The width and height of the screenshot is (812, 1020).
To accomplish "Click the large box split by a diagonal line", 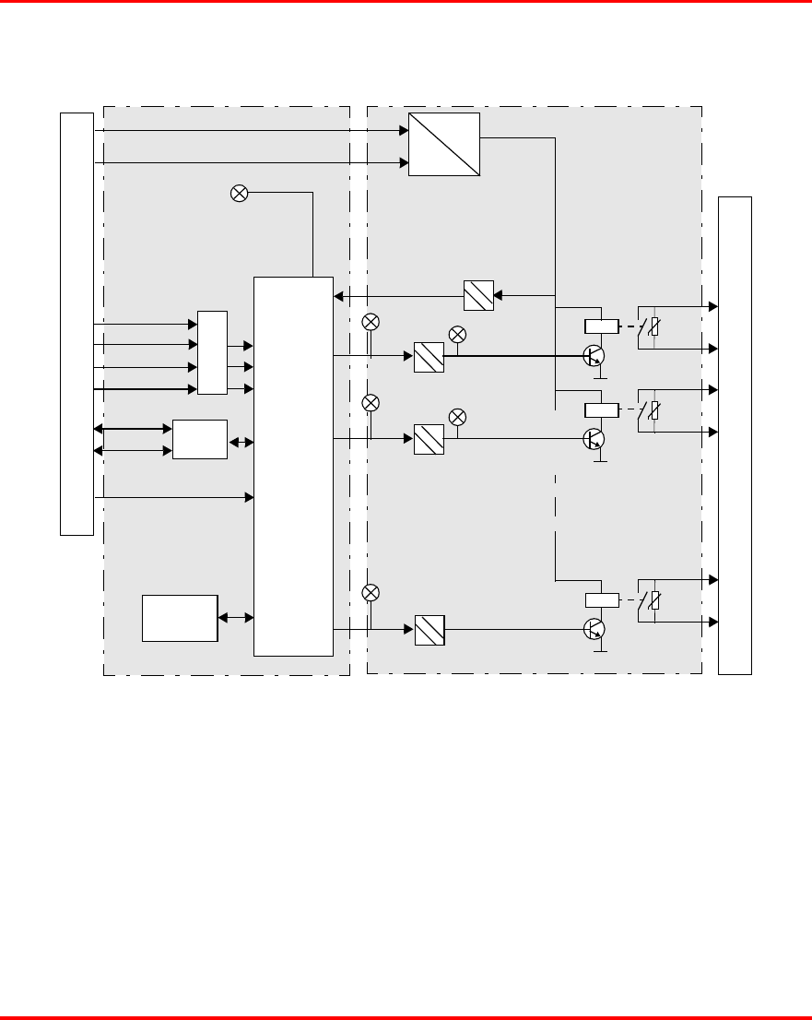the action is [444, 144].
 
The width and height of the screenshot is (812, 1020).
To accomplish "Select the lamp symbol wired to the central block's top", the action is [239, 193].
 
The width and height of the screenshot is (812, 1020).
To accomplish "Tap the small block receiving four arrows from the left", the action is [212, 353].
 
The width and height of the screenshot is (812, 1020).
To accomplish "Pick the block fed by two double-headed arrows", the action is [200, 439].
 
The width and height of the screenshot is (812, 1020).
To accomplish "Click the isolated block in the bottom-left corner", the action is [180, 618].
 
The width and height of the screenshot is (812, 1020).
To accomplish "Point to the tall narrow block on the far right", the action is [735, 434].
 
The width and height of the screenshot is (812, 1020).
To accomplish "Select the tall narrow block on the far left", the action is [76, 324].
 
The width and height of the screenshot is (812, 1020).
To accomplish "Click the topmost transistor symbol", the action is [594, 356].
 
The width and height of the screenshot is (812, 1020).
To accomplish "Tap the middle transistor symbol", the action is [594, 439].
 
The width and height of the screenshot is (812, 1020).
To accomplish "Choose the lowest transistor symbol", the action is [594, 630].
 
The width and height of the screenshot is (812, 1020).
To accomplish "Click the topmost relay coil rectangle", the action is [601, 326].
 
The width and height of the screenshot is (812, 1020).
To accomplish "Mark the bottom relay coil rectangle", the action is [601, 600].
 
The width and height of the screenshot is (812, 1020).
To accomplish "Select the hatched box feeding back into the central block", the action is [478, 295].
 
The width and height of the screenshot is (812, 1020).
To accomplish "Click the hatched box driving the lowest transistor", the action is [430, 630].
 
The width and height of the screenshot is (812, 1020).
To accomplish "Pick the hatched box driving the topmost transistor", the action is [429, 357].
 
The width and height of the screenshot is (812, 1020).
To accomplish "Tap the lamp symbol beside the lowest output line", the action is [371, 593].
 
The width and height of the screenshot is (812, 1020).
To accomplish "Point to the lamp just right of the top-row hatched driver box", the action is [456, 334].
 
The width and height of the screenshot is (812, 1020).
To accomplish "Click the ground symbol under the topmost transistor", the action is [600, 376].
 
